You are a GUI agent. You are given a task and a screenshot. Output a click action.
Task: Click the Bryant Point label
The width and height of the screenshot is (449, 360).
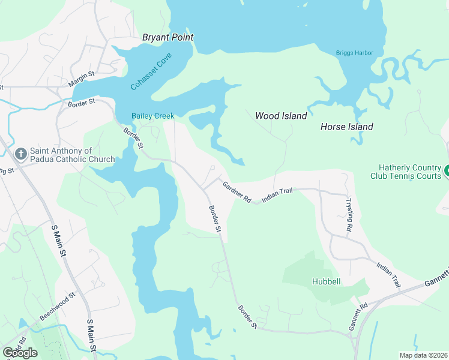point(167,37)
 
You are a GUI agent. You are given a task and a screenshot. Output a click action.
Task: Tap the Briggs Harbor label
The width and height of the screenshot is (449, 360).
point(354,53)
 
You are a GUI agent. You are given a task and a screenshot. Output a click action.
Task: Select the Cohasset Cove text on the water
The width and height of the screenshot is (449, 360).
point(151,72)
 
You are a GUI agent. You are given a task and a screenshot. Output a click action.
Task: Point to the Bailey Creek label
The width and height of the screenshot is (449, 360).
point(153,116)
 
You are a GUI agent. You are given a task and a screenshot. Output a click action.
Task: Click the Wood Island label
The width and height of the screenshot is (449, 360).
point(281,116)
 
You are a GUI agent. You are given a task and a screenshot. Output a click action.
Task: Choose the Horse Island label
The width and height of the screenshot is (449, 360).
point(346,127)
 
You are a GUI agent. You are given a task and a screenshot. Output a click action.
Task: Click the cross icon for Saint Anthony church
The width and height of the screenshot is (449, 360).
point(20,155)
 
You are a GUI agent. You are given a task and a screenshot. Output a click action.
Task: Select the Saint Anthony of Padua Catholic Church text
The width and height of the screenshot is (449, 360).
point(72,155)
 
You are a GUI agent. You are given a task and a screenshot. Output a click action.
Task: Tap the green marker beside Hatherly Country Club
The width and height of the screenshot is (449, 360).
point(446,172)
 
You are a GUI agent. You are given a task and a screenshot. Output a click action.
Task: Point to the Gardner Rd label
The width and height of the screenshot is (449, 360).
point(237,193)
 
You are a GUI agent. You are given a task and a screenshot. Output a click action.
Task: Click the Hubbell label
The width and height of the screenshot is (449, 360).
point(327,281)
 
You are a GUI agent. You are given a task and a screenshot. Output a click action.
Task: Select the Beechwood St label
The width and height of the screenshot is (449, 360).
point(58,305)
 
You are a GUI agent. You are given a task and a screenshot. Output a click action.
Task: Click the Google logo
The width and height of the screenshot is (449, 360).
point(20,353)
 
